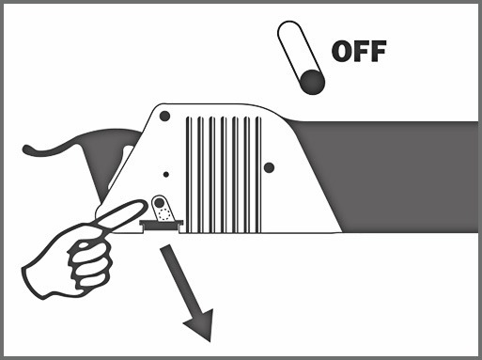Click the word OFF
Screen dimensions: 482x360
coord(359,51)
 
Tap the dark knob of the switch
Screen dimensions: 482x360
coord(312,82)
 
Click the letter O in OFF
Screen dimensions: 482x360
coord(342,51)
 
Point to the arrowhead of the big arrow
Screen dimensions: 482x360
coord(201,325)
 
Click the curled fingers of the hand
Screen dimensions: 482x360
coord(89,263)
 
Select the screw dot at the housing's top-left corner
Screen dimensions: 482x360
coord(164,117)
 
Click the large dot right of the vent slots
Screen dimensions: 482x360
coord(269,167)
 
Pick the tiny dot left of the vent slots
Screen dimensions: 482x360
coord(166,174)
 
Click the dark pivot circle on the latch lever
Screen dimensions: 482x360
coord(160,203)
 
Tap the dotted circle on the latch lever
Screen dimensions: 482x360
coord(163,214)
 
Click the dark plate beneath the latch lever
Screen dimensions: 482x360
coord(162,223)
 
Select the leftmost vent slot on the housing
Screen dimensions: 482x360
coord(188,175)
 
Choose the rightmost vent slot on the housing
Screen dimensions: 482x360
coord(258,175)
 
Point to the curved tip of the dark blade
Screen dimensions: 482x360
coord(26,149)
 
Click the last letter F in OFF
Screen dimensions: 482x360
coord(379,51)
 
